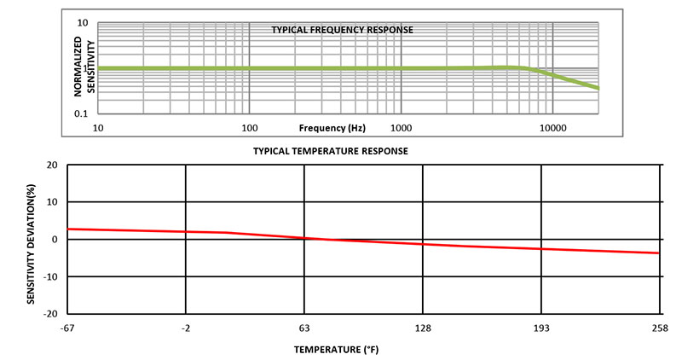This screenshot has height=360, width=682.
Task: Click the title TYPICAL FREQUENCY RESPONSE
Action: point(342,30)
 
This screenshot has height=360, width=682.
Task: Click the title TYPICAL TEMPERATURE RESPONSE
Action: point(330,151)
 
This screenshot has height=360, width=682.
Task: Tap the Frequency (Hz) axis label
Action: point(332,128)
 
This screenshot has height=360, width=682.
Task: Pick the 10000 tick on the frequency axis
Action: point(553,128)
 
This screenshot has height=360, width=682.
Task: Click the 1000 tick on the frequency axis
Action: point(401,128)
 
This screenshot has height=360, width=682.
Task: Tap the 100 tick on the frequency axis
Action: point(249,128)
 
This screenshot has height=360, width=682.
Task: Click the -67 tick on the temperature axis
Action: point(68,328)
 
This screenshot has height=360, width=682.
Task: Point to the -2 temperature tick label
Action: point(186,328)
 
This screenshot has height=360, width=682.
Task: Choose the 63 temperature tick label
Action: point(304,328)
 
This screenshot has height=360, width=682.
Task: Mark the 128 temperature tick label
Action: point(423,328)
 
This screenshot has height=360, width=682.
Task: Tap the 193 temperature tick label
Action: point(540,328)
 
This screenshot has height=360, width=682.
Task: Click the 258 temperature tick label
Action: point(659,328)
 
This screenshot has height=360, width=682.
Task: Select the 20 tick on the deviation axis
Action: point(52,165)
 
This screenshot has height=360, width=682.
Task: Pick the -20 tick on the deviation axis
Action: point(49,313)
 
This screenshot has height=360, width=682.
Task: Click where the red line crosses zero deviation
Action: point(320,239)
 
